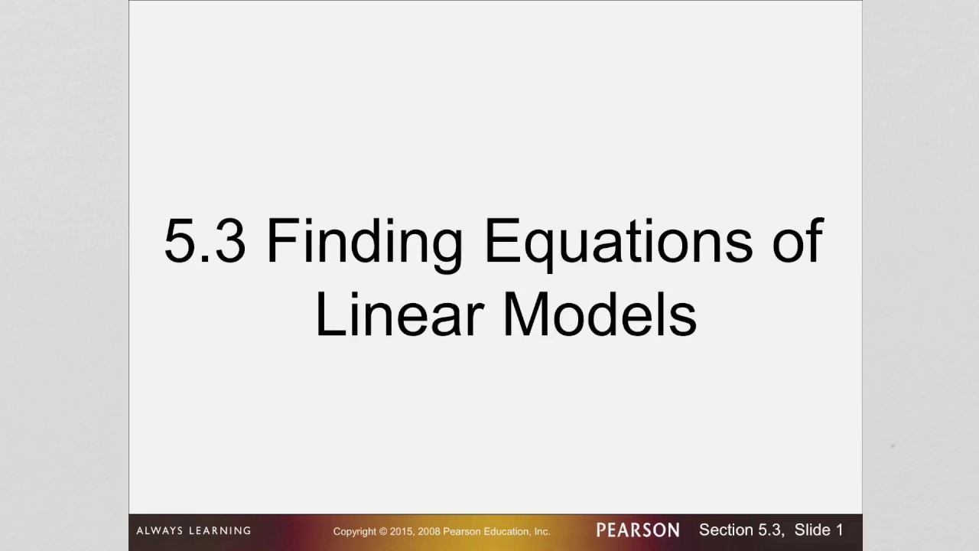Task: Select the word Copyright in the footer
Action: coord(354,531)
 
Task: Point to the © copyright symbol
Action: coord(383,531)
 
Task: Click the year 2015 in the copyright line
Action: coord(402,531)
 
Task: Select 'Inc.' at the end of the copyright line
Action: coord(542,531)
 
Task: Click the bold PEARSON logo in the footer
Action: coord(638,530)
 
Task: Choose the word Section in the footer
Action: coord(725,530)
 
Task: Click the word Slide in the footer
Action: coord(812,530)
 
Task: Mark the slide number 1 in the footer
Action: coord(839,530)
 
